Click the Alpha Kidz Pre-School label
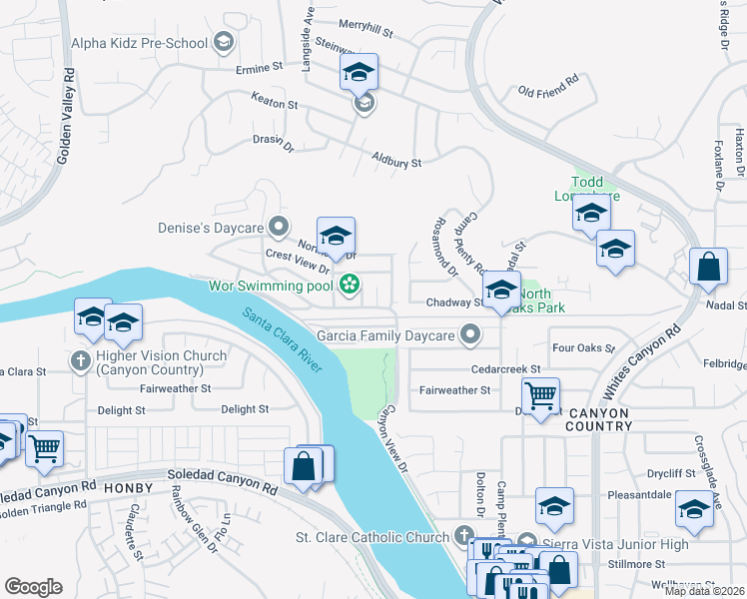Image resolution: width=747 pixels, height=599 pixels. [139, 43]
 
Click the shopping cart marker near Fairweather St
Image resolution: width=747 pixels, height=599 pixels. [540, 395]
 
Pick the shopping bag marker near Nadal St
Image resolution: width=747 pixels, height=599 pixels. [708, 268]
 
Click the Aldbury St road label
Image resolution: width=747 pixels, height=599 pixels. [396, 159]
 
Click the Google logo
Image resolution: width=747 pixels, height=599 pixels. [33, 587]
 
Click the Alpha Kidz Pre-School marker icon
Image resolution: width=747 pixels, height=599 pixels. [224, 43]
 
